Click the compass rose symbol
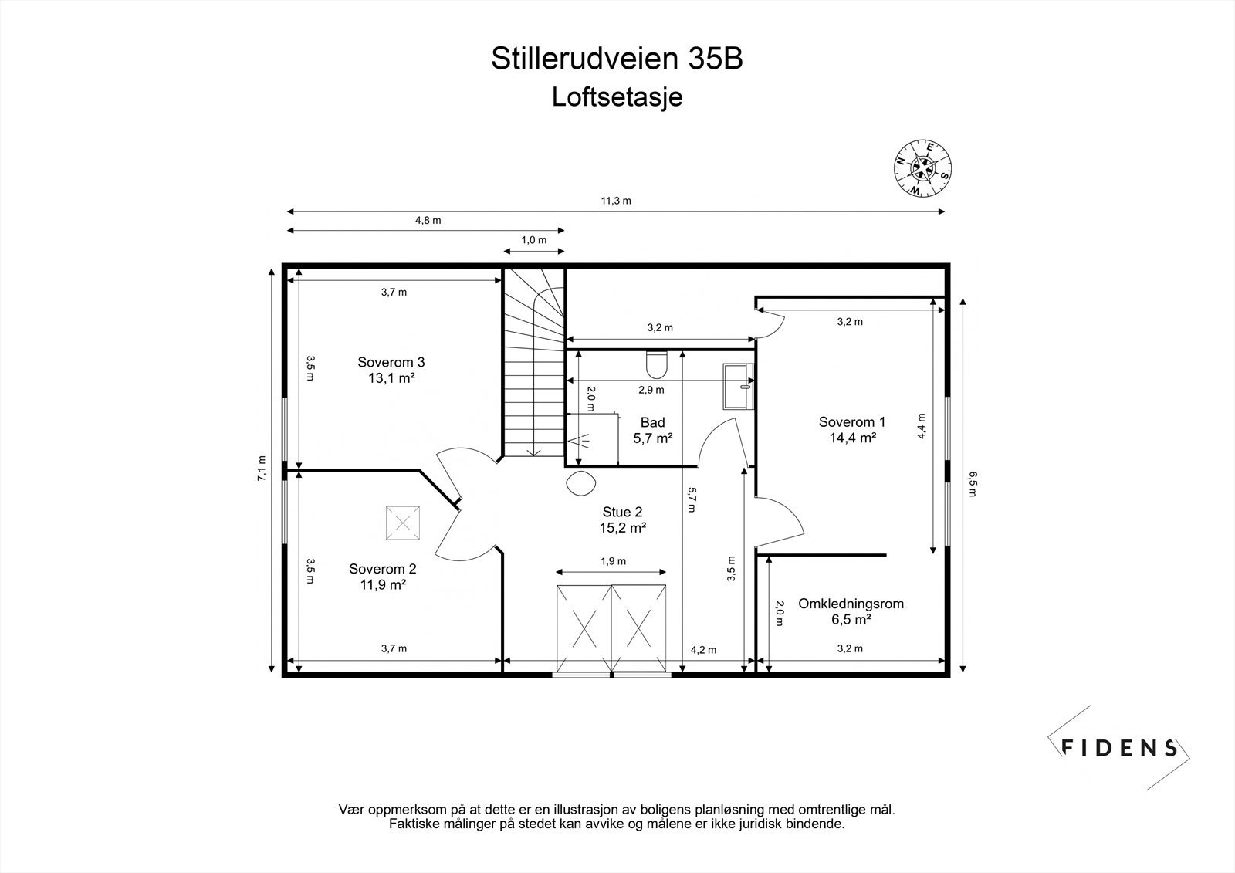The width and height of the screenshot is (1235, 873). (x=923, y=167)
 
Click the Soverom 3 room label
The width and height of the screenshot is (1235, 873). (x=391, y=370)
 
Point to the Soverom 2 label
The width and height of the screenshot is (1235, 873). (x=383, y=577)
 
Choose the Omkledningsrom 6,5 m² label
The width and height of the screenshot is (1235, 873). (x=851, y=611)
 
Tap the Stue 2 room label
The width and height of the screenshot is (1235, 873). (x=622, y=519)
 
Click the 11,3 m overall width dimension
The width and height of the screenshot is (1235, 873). (x=616, y=201)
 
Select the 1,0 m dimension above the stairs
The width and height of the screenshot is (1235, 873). (x=533, y=240)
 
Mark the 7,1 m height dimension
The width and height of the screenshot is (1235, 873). (x=262, y=469)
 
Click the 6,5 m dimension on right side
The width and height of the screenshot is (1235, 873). (x=972, y=484)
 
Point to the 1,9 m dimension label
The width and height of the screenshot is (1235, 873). (x=614, y=561)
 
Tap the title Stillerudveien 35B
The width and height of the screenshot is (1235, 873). (x=617, y=59)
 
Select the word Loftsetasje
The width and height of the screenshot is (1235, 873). (x=617, y=97)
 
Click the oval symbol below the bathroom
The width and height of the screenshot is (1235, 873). (x=580, y=485)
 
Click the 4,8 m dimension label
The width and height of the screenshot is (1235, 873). (x=428, y=220)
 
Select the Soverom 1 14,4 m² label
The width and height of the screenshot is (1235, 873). (x=851, y=429)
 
